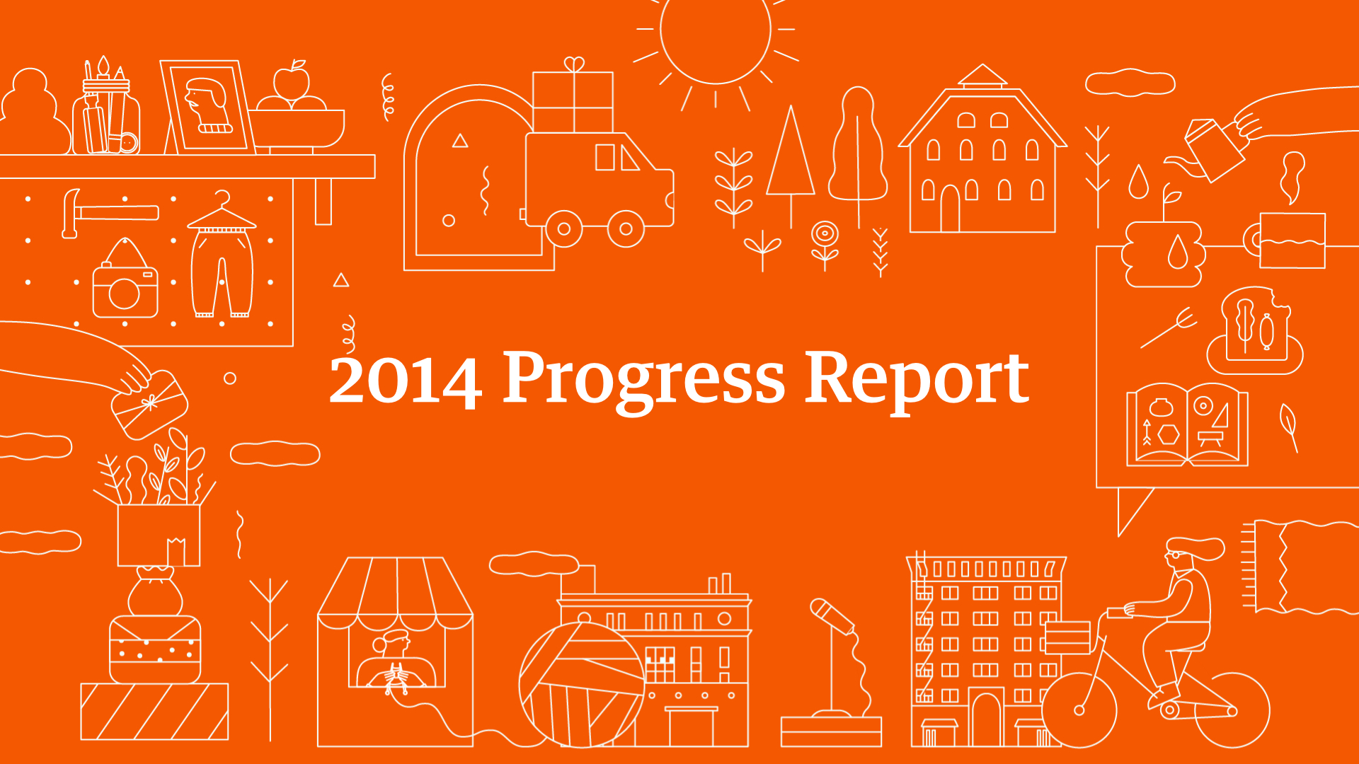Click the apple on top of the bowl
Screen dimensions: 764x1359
(x=291, y=83)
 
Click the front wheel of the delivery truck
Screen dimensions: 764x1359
(x=626, y=228)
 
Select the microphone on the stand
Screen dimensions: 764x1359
(x=832, y=616)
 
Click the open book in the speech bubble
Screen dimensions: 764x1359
(x=1187, y=425)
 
